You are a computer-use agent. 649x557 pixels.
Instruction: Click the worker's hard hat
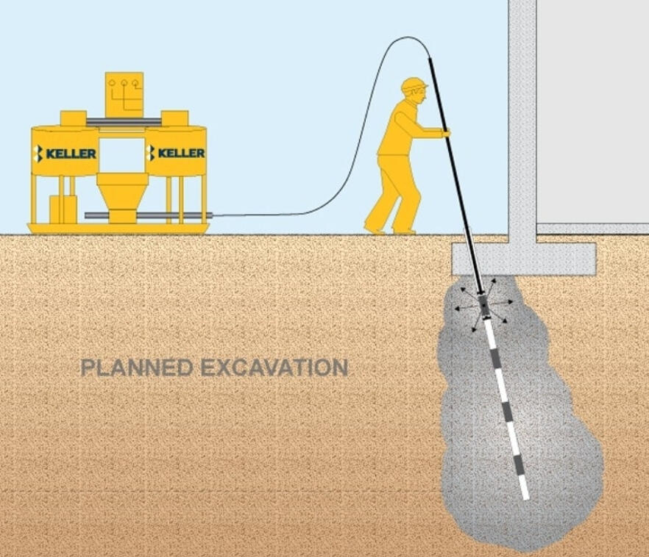[413, 85]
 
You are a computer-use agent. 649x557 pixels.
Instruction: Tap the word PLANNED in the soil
[137, 367]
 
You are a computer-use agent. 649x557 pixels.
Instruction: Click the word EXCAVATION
[274, 367]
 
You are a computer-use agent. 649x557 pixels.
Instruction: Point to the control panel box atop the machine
[124, 95]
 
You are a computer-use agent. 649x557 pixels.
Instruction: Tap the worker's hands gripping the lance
[445, 133]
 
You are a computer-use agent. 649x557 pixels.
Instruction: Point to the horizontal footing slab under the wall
[524, 259]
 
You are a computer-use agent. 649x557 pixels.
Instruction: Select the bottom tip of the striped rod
[527, 499]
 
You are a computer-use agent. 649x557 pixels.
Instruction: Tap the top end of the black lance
[429, 59]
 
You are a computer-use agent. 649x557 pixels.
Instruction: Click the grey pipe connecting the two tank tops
[124, 121]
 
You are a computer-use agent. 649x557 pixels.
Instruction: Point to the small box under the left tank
[63, 209]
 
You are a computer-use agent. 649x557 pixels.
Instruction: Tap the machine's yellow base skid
[118, 229]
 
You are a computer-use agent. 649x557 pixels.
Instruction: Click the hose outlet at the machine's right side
[209, 215]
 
